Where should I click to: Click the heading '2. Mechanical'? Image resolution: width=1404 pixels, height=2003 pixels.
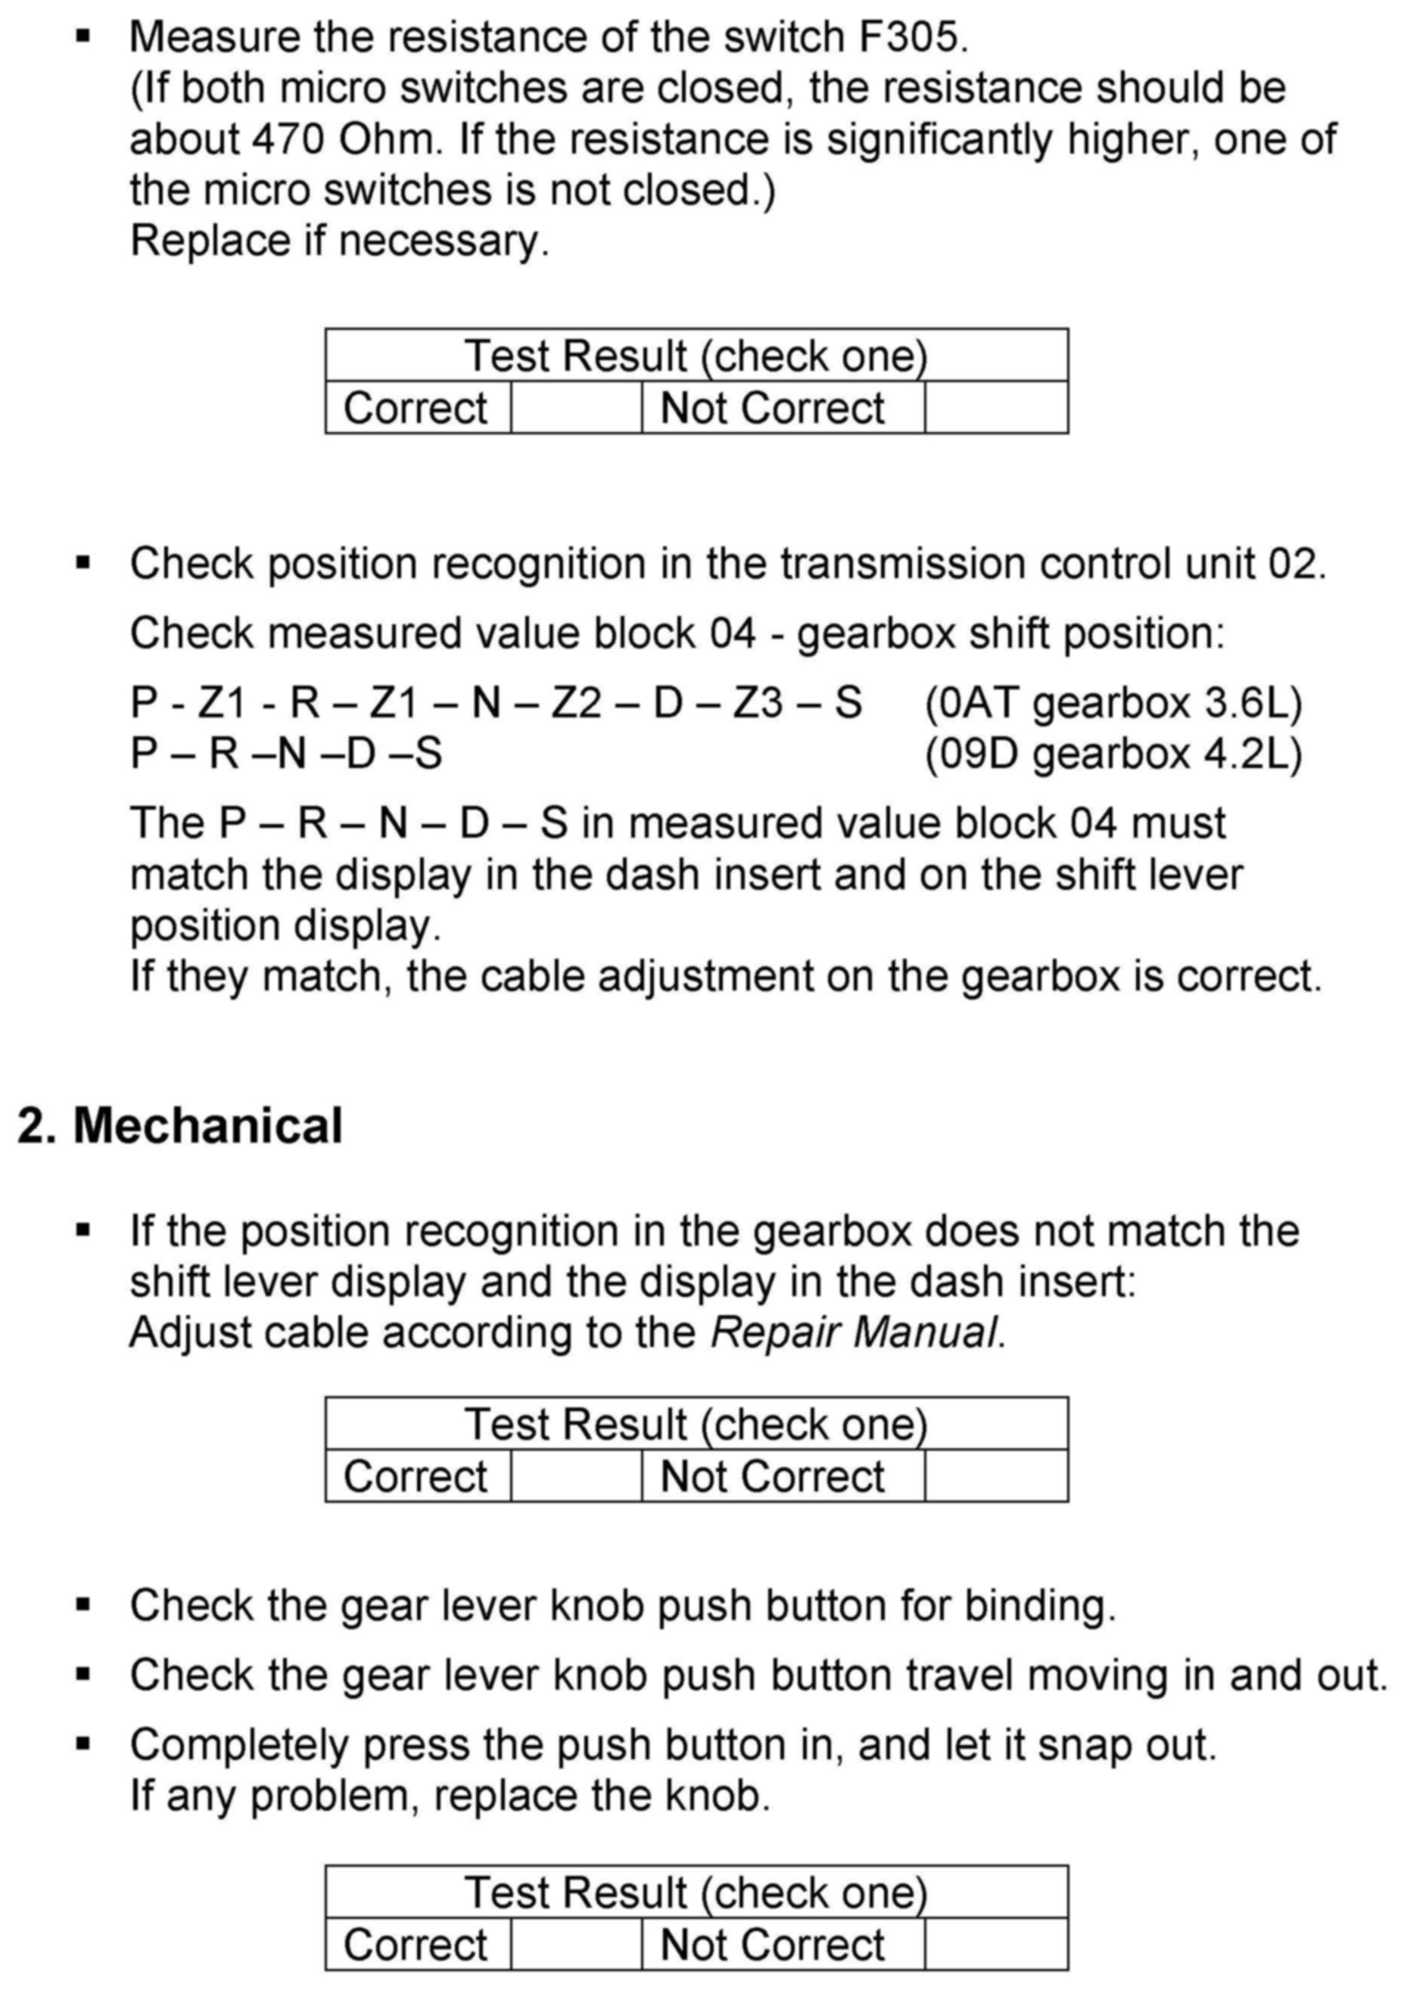tap(179, 1125)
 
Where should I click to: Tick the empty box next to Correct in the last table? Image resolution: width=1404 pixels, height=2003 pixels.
tap(576, 1945)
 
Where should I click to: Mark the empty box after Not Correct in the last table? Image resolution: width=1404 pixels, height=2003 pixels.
tap(995, 1945)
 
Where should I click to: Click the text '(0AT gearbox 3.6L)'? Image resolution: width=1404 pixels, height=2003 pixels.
tap(1113, 703)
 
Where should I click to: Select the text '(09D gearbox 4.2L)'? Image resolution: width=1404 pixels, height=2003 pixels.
tap(1113, 754)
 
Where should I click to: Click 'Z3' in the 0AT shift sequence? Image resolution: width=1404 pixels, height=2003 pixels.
tap(758, 703)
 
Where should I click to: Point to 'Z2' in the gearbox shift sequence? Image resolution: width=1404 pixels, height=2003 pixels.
tap(576, 703)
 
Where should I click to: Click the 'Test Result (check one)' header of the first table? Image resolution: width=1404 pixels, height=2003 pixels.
tap(696, 356)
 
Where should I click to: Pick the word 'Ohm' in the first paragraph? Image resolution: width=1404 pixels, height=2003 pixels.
tap(389, 138)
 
